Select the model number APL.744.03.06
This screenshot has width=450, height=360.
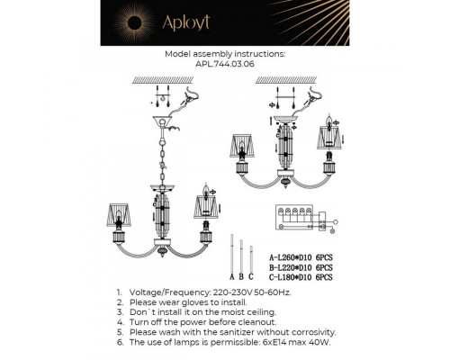(x=224, y=65)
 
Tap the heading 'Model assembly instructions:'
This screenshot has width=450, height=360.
(x=225, y=54)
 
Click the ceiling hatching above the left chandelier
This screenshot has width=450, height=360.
(x=166, y=79)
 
